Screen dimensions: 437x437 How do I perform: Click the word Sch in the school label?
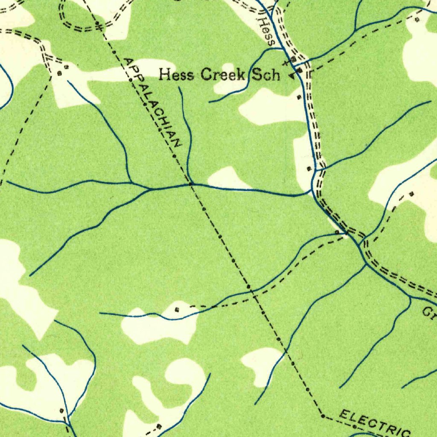[265, 76]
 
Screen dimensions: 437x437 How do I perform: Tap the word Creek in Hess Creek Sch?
[223, 75]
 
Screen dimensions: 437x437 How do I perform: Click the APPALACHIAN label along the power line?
[152, 102]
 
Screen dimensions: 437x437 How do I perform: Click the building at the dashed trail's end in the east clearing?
[411, 194]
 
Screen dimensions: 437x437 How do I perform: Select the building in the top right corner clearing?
[417, 20]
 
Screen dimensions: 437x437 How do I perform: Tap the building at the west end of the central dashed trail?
[177, 309]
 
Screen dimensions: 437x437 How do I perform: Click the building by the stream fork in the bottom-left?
[61, 410]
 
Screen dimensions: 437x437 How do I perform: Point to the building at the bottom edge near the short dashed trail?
[159, 426]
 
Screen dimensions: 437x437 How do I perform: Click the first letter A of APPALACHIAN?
[127, 61]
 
